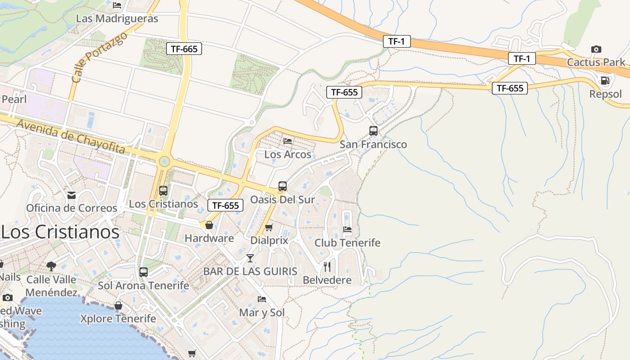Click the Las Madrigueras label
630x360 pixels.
pos(117,18)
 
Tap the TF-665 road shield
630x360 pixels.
pos(184,49)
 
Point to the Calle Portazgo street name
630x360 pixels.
pos(99,57)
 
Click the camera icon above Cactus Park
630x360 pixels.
pos(596,49)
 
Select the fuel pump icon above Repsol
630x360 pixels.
pos(605,81)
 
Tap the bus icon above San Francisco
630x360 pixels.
pos(373,131)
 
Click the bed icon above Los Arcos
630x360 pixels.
pos(288,141)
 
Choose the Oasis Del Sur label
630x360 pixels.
pos(282,199)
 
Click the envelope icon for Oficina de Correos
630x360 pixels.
pos(72,195)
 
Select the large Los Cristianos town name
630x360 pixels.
pos(61,232)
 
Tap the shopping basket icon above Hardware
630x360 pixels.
pos(209,225)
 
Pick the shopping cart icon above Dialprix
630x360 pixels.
pos(269,227)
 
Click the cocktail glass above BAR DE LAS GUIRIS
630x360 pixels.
pos(250,258)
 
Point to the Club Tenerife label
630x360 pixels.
pos(347,243)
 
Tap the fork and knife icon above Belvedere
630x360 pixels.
pos(327,267)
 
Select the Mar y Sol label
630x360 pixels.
pos(262,312)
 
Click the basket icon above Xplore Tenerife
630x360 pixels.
pos(118,306)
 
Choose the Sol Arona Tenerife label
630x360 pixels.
pos(144,285)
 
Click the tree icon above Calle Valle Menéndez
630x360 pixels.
pos(51,266)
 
